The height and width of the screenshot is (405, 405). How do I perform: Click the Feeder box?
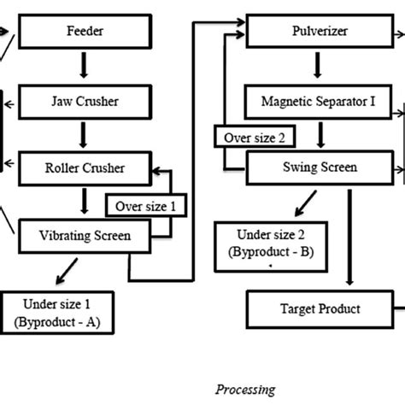(84, 35)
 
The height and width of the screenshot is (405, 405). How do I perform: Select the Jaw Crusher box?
(84, 101)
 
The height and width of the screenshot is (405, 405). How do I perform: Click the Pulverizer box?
(312, 35)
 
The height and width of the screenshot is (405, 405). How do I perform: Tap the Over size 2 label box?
(253, 137)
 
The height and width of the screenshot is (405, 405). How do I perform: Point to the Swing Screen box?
(310, 167)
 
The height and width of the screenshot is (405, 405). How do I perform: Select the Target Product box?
(318, 308)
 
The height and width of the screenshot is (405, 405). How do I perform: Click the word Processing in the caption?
(245, 389)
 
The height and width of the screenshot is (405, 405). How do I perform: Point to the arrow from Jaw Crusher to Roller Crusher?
(84, 133)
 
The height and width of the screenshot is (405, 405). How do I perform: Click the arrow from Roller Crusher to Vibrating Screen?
(84, 201)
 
